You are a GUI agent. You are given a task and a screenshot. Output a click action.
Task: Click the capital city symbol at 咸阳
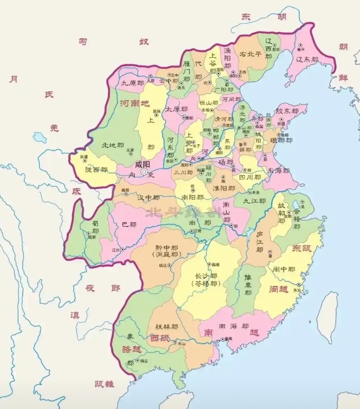(144, 172)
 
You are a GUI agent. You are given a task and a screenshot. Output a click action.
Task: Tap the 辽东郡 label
(308, 59)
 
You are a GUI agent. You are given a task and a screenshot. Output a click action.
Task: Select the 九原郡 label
(132, 83)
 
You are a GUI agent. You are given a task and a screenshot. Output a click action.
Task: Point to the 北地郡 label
(112, 145)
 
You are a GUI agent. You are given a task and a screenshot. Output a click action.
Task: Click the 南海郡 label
(233, 326)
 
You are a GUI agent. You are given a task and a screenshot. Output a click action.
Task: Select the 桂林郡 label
(167, 326)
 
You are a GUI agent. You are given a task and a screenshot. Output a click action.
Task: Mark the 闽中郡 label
(284, 270)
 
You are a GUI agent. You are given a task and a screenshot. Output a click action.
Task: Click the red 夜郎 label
(103, 288)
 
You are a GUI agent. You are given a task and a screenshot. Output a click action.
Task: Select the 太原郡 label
(176, 109)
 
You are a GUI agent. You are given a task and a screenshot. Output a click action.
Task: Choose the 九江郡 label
(254, 201)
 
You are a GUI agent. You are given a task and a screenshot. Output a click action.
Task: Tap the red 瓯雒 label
(106, 384)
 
